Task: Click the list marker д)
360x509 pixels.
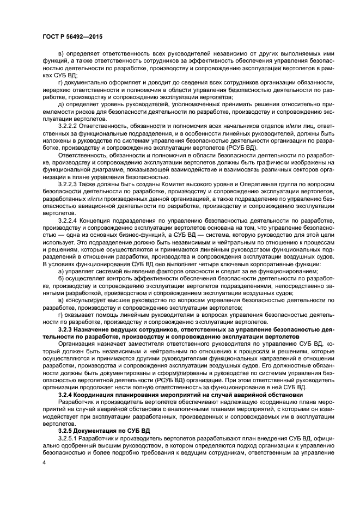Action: [60, 103]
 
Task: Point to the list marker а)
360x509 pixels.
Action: [60, 271]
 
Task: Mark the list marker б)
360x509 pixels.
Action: [60, 278]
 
